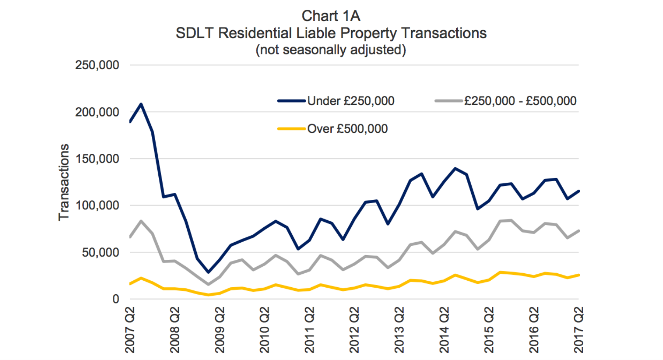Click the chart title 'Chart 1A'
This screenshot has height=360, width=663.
[331, 16]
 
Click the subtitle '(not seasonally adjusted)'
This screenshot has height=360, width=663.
[331, 50]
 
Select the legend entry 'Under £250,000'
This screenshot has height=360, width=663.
[350, 101]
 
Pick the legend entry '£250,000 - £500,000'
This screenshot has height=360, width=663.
[520, 101]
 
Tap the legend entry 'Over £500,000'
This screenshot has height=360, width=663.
[347, 129]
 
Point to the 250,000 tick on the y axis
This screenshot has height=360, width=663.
[97, 65]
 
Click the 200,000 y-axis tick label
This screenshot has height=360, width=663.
[97, 112]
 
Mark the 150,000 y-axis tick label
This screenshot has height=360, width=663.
[97, 159]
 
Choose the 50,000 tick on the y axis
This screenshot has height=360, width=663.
[100, 253]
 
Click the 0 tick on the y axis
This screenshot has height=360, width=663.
[115, 299]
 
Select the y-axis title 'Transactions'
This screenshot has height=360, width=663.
[64, 182]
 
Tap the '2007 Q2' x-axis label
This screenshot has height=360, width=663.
[130, 330]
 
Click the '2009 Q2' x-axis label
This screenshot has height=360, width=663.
[220, 330]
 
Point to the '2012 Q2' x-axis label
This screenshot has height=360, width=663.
[354, 330]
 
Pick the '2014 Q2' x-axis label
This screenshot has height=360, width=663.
[444, 330]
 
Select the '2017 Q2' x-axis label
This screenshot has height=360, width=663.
[579, 330]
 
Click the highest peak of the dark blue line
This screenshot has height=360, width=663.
[141, 104]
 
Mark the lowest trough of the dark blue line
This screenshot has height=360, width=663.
[208, 272]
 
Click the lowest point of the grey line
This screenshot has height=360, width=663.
[208, 285]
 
